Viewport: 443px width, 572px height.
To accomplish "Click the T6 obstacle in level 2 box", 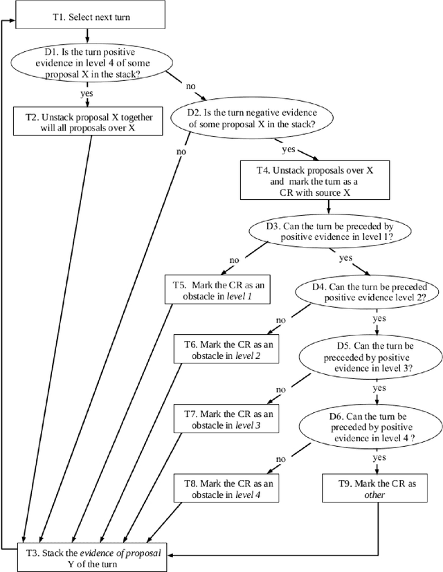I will pos(225,350).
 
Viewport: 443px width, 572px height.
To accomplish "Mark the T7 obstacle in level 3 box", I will pos(225,418).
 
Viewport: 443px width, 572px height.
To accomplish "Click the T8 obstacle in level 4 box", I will pos(225,488).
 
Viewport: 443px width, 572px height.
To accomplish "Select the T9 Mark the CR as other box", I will pos(379,488).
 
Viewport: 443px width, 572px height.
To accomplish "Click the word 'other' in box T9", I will pos(379,496).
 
